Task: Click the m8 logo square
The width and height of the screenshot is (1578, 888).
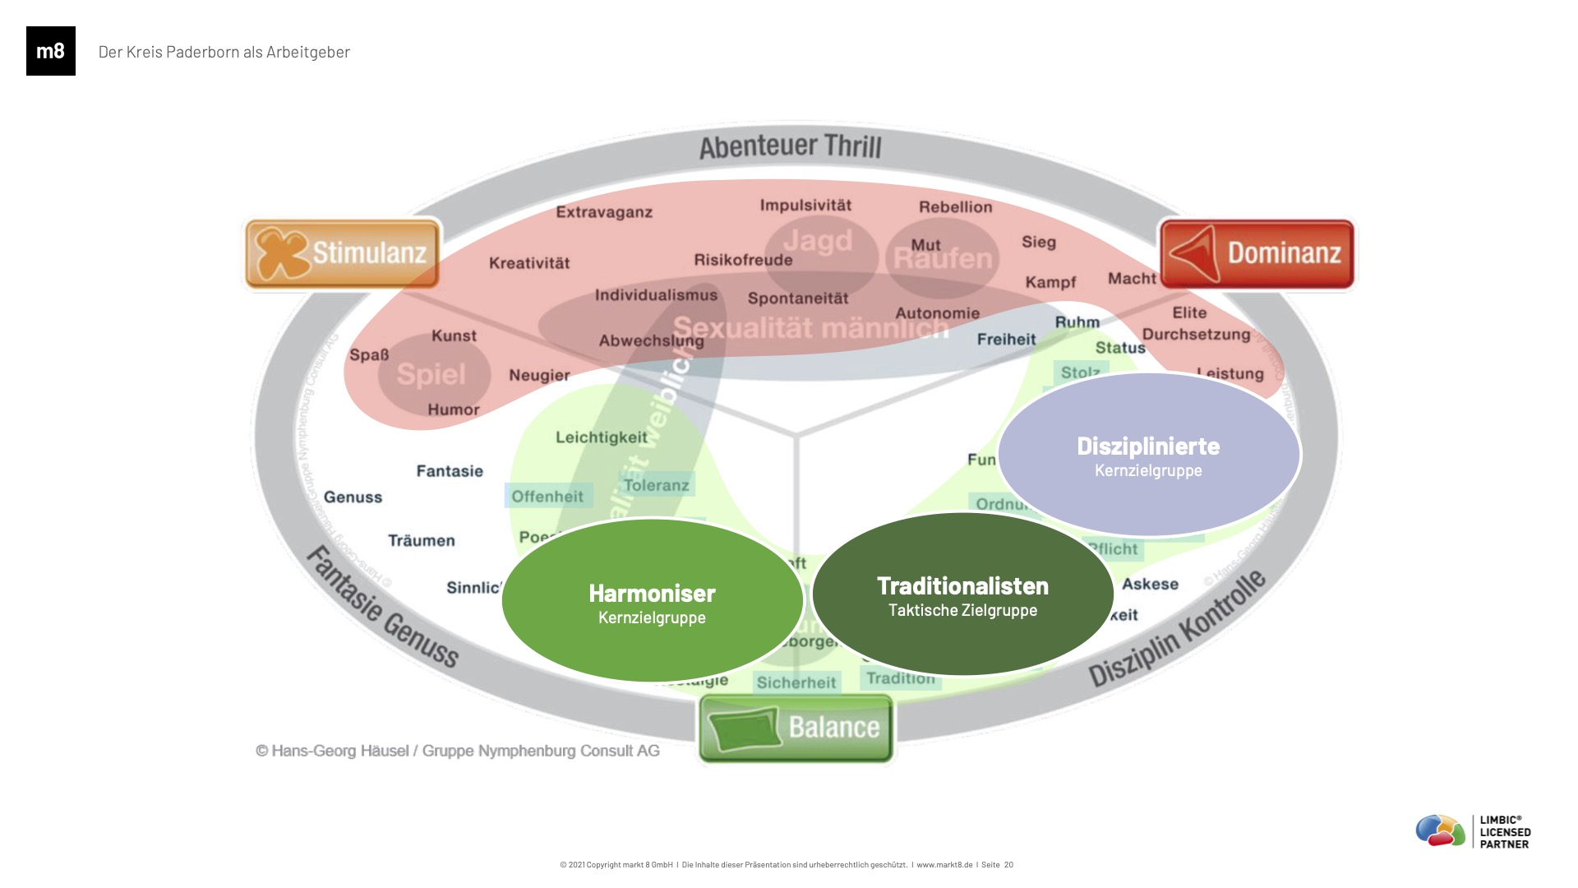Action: click(51, 51)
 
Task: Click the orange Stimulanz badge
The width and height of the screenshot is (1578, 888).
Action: click(342, 253)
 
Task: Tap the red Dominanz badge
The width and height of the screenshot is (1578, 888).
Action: click(1257, 253)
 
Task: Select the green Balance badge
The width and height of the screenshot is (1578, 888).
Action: click(796, 728)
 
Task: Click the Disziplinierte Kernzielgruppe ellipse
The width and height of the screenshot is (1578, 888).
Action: click(1148, 456)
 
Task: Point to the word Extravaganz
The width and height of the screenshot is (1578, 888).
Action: click(604, 212)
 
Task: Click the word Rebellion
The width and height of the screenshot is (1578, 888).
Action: click(955, 207)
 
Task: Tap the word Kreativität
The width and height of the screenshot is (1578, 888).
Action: click(529, 263)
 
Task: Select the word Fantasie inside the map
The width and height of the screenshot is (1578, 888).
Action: click(450, 471)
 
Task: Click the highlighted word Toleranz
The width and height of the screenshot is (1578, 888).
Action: click(656, 485)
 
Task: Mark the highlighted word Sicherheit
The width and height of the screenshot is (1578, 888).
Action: click(796, 682)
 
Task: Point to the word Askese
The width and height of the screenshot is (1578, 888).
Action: click(1150, 584)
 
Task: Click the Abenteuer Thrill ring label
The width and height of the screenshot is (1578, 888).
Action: click(790, 147)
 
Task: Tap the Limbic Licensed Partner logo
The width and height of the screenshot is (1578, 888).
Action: click(1473, 831)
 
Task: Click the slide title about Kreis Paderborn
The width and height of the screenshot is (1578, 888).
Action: click(224, 52)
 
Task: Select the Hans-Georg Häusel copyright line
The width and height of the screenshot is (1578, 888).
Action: click(458, 751)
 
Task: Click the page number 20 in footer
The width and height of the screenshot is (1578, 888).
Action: click(1008, 864)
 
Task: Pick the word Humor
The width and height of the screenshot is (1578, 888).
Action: click(454, 409)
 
